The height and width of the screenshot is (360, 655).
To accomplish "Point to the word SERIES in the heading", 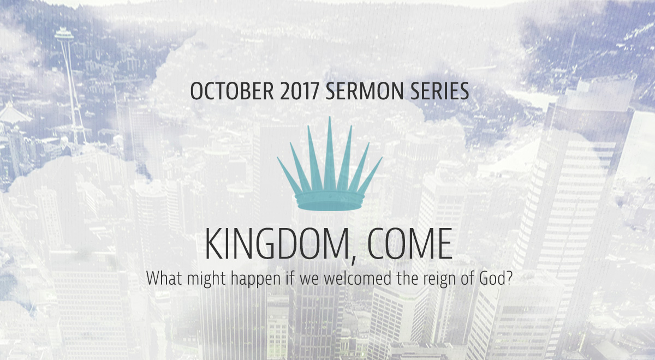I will (439, 91).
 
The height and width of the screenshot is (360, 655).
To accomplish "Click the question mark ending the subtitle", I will (508, 278).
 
